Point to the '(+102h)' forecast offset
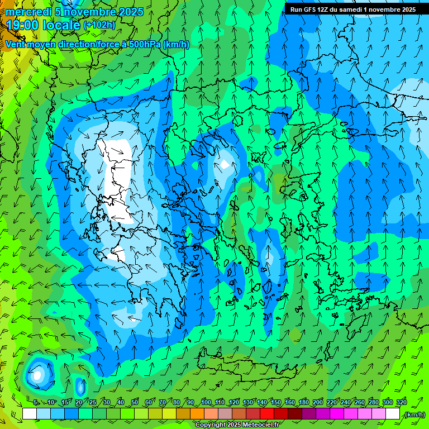pos(99,25)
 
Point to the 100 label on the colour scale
pos(206,403)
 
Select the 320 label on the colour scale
pos(402,403)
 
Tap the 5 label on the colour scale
pos(36,403)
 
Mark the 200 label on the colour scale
pos(318,403)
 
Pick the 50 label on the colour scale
pos(135,403)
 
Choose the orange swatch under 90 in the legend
pos(197,414)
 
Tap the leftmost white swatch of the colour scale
pos(30,414)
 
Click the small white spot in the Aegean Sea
pos(224,164)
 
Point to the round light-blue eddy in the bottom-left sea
pos(37,374)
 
